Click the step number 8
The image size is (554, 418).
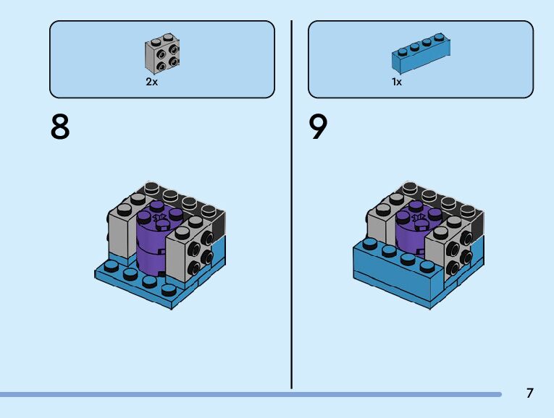[x=60, y=128]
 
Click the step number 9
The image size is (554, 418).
[x=319, y=128]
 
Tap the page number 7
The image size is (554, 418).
[x=529, y=393]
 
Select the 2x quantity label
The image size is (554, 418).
[x=151, y=82]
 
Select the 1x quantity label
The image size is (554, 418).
[x=397, y=82]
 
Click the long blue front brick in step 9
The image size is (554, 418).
[x=395, y=275]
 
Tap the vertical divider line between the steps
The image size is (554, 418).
[x=292, y=202]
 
